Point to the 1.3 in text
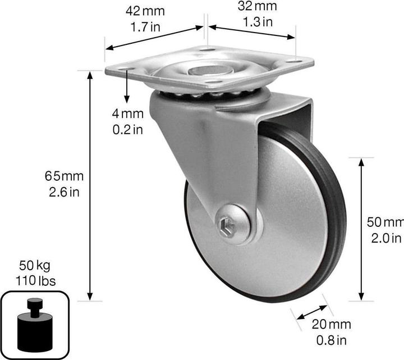(x=258, y=22)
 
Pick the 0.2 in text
(x=128, y=129)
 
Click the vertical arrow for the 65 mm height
(x=90, y=185)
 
